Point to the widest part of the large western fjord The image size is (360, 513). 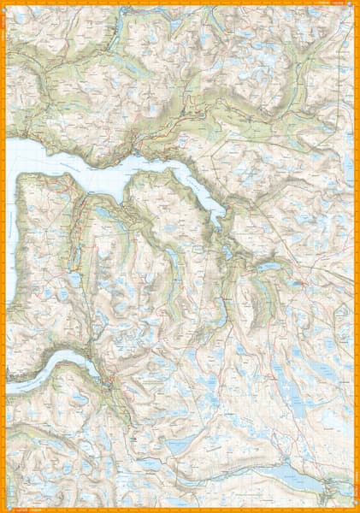pyautogui.click(x=51, y=158)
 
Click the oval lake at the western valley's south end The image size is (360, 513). pyautogui.click(x=75, y=279)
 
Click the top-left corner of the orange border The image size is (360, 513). pyautogui.click(x=3, y=3)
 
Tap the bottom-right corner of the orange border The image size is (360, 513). pyautogui.click(x=357, y=510)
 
